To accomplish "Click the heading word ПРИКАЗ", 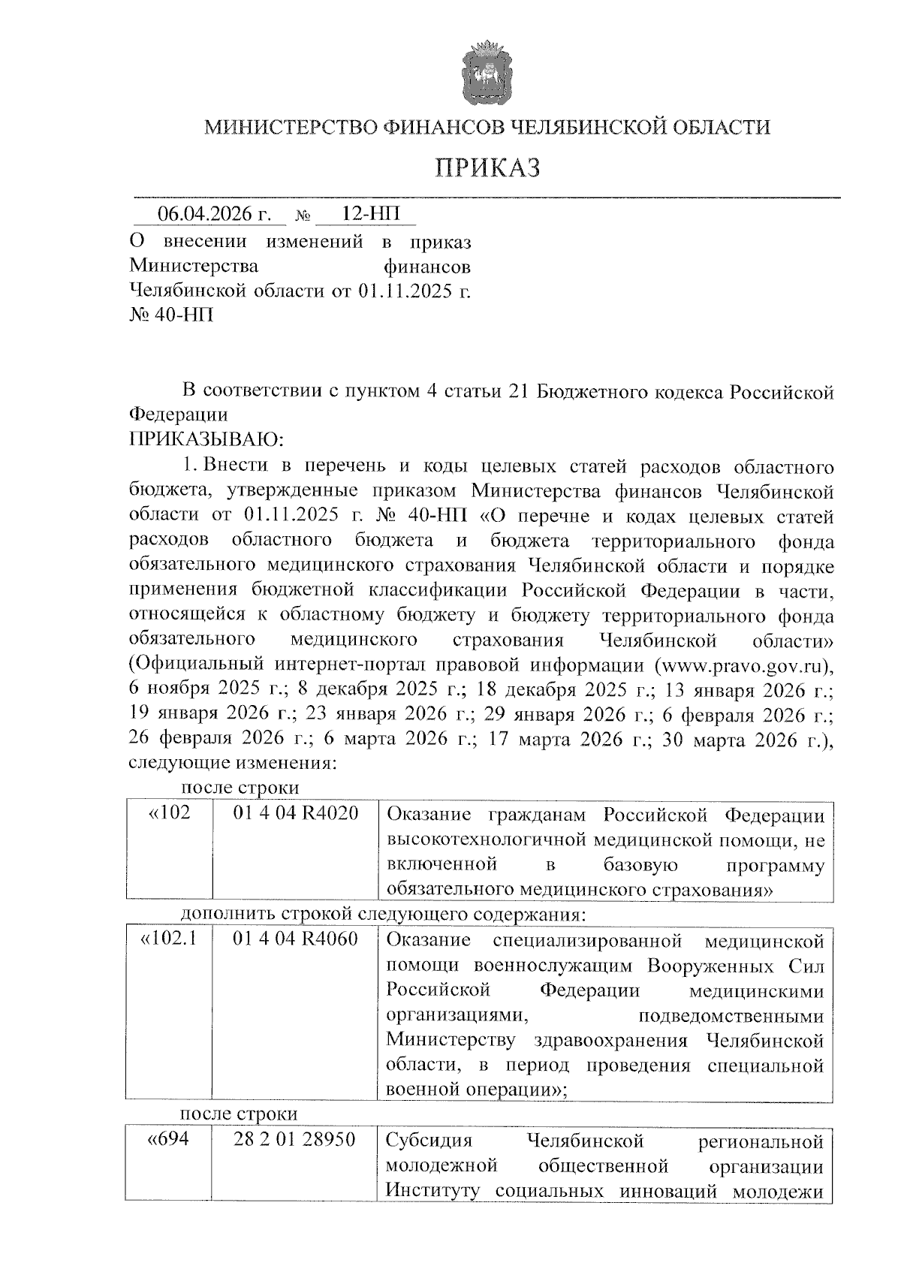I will pos(488,167).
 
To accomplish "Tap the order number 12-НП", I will pos(366,213).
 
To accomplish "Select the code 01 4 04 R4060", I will pos(296,940).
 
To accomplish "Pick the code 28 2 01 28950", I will pos(294,1141).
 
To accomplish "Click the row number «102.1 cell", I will pos(169,940).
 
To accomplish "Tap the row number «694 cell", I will pos(167,1141).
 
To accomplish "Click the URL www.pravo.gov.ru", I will pos(742,665).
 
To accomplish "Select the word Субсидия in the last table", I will pos(429,1141).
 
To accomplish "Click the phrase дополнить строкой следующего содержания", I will pos(383,915).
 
